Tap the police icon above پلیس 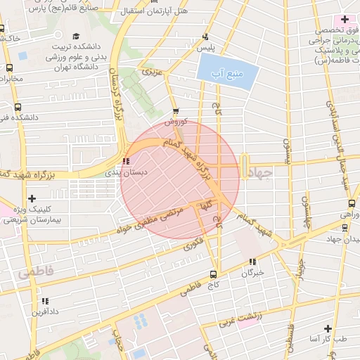[x=205, y=37]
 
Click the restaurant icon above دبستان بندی [x=126, y=160]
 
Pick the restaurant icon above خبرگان [x=252, y=262]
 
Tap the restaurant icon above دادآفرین [x=35, y=300]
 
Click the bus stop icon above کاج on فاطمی [x=213, y=275]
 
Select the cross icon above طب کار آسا [x=328, y=328]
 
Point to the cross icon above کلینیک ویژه [x=32, y=199]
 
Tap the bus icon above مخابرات [x=8, y=67]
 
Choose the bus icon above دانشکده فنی [x=17, y=108]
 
